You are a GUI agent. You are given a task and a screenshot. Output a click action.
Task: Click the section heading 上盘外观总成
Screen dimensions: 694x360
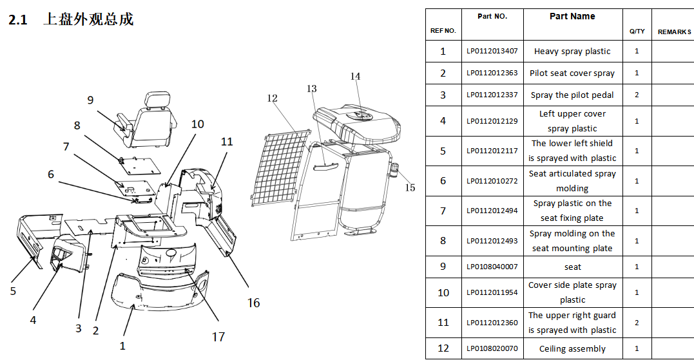point(88,19)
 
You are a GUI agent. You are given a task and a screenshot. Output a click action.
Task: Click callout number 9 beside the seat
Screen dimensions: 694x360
point(90,100)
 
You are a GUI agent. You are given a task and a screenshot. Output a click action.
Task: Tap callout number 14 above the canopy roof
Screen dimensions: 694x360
point(356,77)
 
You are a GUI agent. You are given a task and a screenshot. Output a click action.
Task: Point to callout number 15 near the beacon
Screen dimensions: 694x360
point(410,187)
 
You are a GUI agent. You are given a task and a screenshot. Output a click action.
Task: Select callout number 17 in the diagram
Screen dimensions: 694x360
point(218,337)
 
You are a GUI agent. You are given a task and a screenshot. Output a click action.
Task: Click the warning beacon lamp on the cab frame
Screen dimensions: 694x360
point(393,170)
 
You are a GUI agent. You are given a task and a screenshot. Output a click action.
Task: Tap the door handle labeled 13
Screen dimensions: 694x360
point(326,167)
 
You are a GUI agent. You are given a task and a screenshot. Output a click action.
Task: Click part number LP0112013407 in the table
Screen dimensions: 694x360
point(492,51)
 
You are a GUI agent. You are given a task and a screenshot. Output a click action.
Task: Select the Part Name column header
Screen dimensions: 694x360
point(572,16)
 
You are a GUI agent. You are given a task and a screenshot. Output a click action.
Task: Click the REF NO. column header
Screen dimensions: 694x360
point(443,30)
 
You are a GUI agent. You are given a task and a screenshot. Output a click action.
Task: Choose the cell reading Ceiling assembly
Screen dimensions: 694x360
point(572,348)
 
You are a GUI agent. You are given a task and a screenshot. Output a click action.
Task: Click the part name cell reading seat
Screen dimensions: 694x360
point(573,267)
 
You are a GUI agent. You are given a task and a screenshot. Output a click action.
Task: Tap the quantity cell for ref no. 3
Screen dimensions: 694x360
point(637,95)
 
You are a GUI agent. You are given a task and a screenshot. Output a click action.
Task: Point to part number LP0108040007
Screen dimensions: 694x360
point(492,266)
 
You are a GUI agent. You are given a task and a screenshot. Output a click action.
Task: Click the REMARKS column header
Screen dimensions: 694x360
point(674,32)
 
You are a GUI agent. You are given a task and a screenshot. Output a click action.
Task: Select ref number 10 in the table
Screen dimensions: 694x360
point(443,293)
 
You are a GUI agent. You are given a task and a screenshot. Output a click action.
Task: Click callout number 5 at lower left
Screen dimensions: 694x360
point(13,291)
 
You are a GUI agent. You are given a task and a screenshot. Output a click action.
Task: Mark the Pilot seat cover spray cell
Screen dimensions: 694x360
point(572,73)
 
